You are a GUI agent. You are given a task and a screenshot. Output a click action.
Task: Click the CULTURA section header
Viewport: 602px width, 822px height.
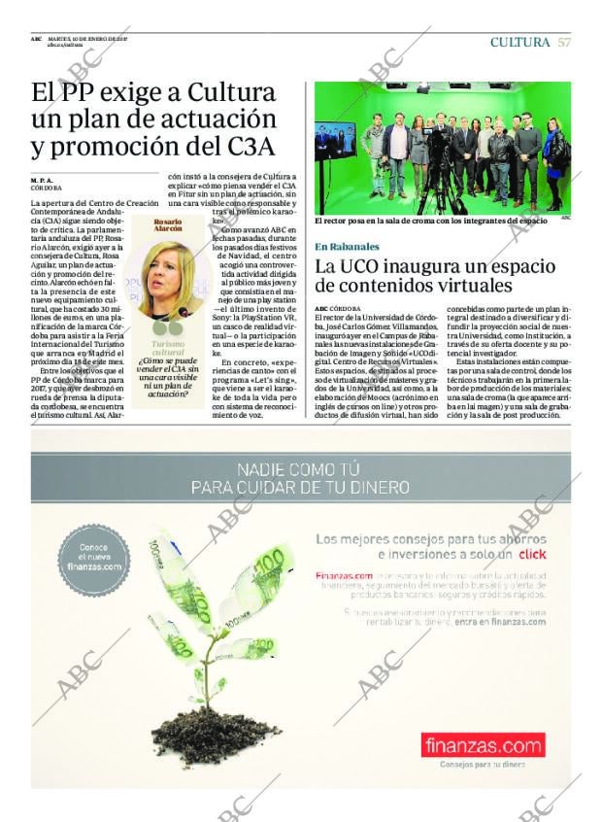[x=520, y=42]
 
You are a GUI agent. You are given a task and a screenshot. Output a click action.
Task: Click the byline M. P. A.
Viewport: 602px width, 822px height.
[x=43, y=180]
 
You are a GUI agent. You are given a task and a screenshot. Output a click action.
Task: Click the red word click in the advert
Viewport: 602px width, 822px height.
[x=532, y=554]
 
